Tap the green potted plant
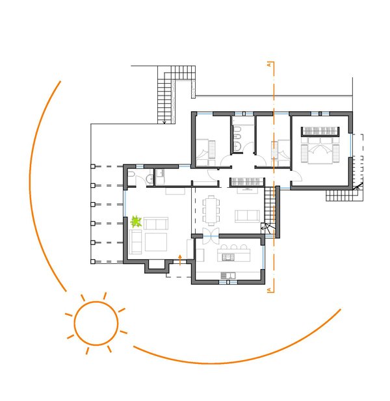tap(136, 222)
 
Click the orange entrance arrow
tap(180, 260)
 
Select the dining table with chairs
tap(211, 211)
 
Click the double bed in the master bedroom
tap(320, 150)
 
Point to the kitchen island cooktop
tap(228, 257)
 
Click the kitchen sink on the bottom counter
tap(228, 276)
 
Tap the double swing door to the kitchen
tap(211, 236)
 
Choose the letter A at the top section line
tap(269, 65)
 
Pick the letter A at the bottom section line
tap(269, 290)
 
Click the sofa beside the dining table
tap(247, 216)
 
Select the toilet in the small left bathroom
tap(131, 174)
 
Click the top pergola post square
tap(93, 166)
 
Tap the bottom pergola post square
tap(93, 261)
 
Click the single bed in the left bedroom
tap(205, 153)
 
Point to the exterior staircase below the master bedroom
tap(344, 196)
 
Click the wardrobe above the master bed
tap(320, 131)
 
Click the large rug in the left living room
tap(156, 242)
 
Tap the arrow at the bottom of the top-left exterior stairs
tap(164, 122)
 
